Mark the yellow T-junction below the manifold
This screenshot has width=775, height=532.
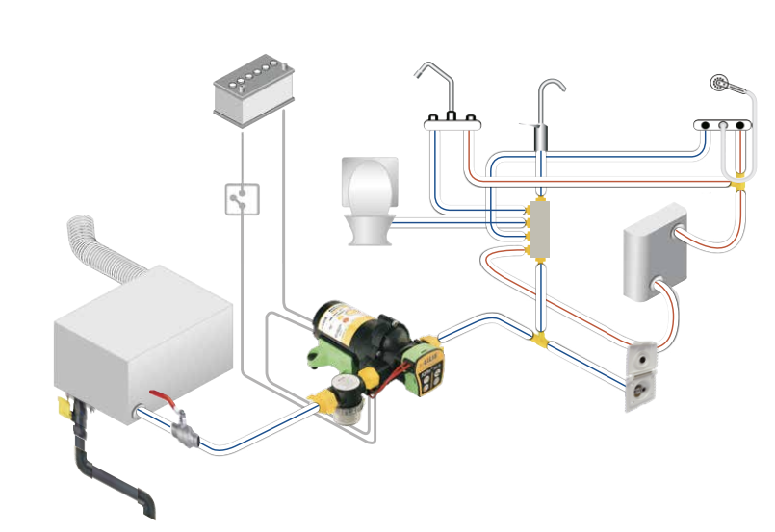[541, 338]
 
